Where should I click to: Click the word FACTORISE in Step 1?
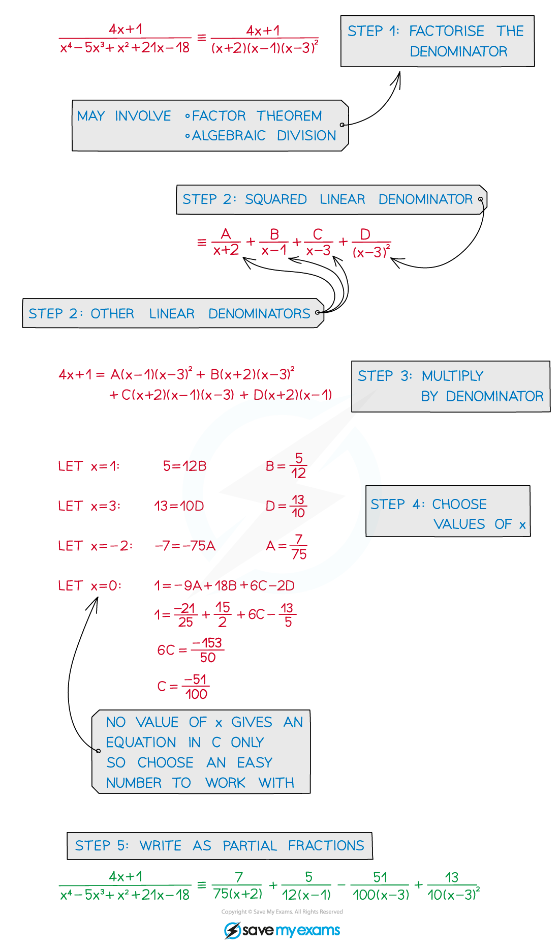pyautogui.click(x=446, y=32)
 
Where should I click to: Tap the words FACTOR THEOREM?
pyautogui.click(x=257, y=116)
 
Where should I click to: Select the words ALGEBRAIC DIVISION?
pyautogui.click(x=264, y=136)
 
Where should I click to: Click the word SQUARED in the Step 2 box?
pyautogui.click(x=275, y=199)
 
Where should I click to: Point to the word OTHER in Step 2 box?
pyautogui.click(x=112, y=314)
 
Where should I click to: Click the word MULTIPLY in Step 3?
pyautogui.click(x=452, y=376)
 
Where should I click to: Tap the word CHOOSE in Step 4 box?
pyautogui.click(x=459, y=505)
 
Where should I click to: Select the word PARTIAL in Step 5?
pyautogui.click(x=250, y=846)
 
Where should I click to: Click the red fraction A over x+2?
pyautogui.click(x=226, y=242)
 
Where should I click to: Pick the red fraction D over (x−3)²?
pyautogui.click(x=371, y=243)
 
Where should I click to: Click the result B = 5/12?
pyautogui.click(x=286, y=466)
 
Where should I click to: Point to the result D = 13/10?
pyautogui.click(x=286, y=506)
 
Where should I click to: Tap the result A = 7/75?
pyautogui.click(x=287, y=546)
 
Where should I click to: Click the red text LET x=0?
pyautogui.click(x=89, y=586)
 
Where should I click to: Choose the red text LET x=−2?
pyautogui.click(x=95, y=546)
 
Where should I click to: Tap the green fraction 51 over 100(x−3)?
pyautogui.click(x=380, y=885)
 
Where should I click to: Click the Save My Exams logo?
pyautogui.click(x=282, y=930)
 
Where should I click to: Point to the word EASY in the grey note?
pyautogui.click(x=255, y=763)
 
